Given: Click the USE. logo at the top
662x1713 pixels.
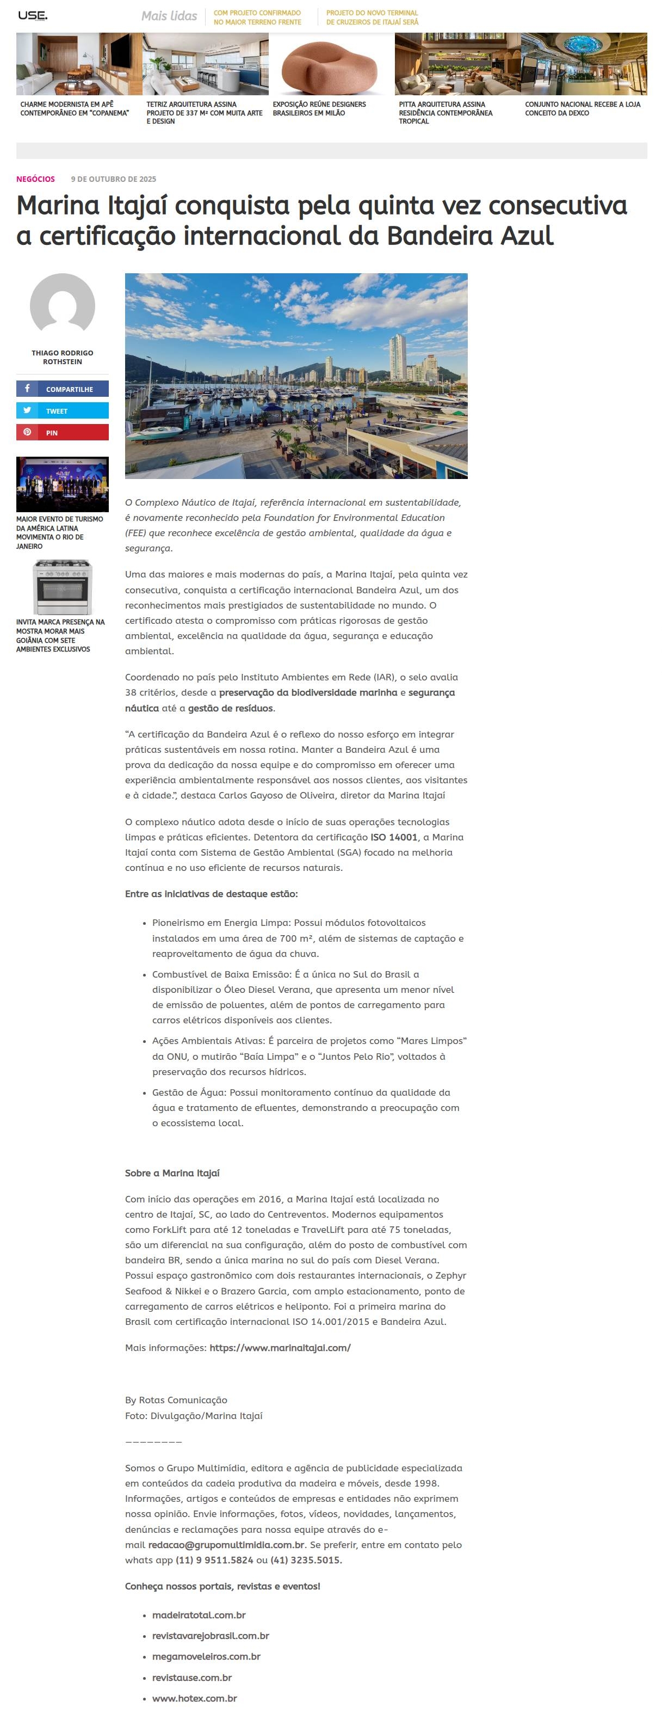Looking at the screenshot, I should (33, 15).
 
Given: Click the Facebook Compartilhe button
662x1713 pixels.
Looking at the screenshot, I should (63, 389).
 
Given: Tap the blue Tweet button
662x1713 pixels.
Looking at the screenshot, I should (63, 411).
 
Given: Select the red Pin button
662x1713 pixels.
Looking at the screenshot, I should (63, 432).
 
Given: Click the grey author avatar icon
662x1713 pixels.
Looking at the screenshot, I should (63, 305).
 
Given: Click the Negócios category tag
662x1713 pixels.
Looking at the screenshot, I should (35, 179).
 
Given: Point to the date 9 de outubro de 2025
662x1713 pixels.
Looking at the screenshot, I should (114, 179).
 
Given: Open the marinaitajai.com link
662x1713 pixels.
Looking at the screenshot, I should (280, 1347).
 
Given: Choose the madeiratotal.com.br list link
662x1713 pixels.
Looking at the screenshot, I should (199, 1614).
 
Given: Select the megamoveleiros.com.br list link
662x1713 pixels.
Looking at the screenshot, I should (206, 1656).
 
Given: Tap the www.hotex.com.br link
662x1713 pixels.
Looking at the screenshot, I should (194, 1698).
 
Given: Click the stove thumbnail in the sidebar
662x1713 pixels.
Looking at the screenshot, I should (63, 587).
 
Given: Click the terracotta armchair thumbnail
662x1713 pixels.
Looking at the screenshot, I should (331, 65).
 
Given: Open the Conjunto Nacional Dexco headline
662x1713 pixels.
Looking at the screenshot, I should (582, 108).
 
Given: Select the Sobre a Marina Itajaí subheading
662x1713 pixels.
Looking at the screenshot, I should (172, 1173).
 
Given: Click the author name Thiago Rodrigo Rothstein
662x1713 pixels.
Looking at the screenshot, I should (63, 357).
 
